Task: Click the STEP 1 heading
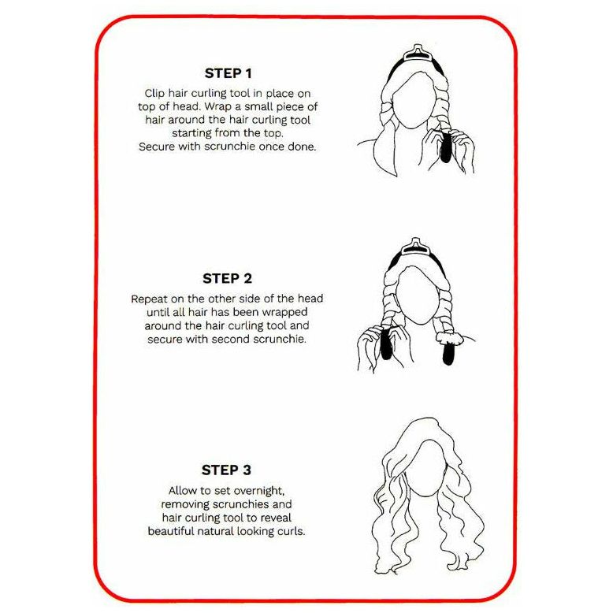[x=228, y=73]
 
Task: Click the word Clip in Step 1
[x=154, y=93]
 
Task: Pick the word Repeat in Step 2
[x=150, y=299]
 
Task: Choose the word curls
[x=291, y=530]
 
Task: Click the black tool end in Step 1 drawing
[x=445, y=149]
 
